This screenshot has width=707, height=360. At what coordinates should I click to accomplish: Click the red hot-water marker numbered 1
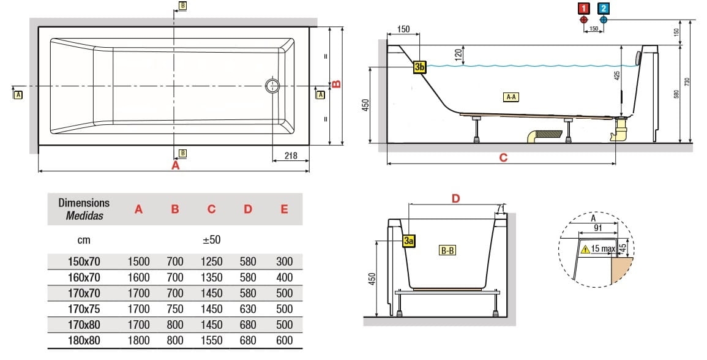(584, 9)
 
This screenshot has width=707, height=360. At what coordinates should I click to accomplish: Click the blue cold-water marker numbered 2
(604, 9)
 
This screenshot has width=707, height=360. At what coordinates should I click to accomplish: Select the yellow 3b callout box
(419, 67)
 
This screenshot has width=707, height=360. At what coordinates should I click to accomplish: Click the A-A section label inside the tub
(511, 97)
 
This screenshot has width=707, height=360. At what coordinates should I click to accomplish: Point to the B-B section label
(446, 250)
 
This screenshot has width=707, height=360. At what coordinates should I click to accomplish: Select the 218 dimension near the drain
(291, 156)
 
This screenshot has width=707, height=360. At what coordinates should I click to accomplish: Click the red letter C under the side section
(503, 157)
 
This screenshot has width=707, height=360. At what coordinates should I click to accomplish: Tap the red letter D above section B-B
(455, 198)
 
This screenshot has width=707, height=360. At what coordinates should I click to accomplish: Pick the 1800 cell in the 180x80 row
(138, 340)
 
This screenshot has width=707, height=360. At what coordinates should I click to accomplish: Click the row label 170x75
(84, 309)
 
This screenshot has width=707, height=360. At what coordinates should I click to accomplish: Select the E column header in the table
(284, 209)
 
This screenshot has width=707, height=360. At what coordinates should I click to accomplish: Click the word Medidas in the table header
(84, 216)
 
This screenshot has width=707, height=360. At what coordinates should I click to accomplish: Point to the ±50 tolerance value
(211, 239)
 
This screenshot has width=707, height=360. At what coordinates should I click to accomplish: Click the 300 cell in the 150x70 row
(284, 261)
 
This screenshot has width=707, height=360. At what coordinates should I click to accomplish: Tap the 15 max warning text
(603, 249)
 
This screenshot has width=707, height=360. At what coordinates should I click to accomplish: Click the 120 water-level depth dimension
(457, 54)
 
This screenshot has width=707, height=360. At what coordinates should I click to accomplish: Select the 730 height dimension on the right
(687, 81)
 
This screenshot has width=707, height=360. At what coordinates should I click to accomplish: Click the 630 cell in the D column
(247, 309)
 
